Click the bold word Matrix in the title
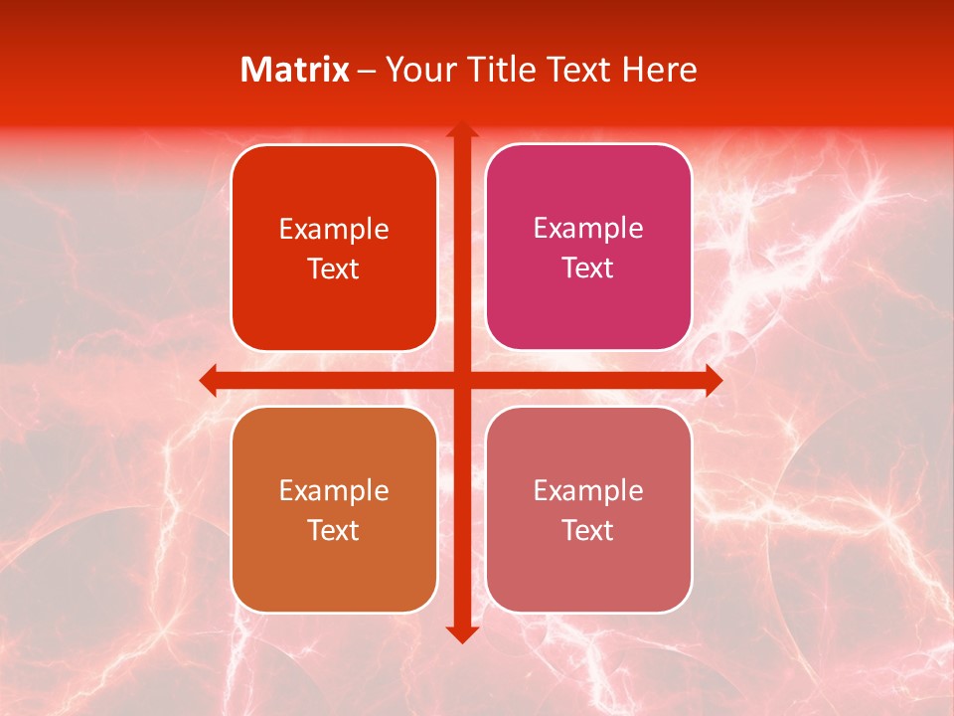295,70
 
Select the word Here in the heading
659,70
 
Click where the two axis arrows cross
460,380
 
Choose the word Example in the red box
334,230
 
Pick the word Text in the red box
334,268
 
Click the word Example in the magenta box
588,229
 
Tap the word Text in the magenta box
588,268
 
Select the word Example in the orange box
334,491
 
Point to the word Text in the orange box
334,530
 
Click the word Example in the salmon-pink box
588,491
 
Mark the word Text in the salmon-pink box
588,530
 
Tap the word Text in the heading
579,70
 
